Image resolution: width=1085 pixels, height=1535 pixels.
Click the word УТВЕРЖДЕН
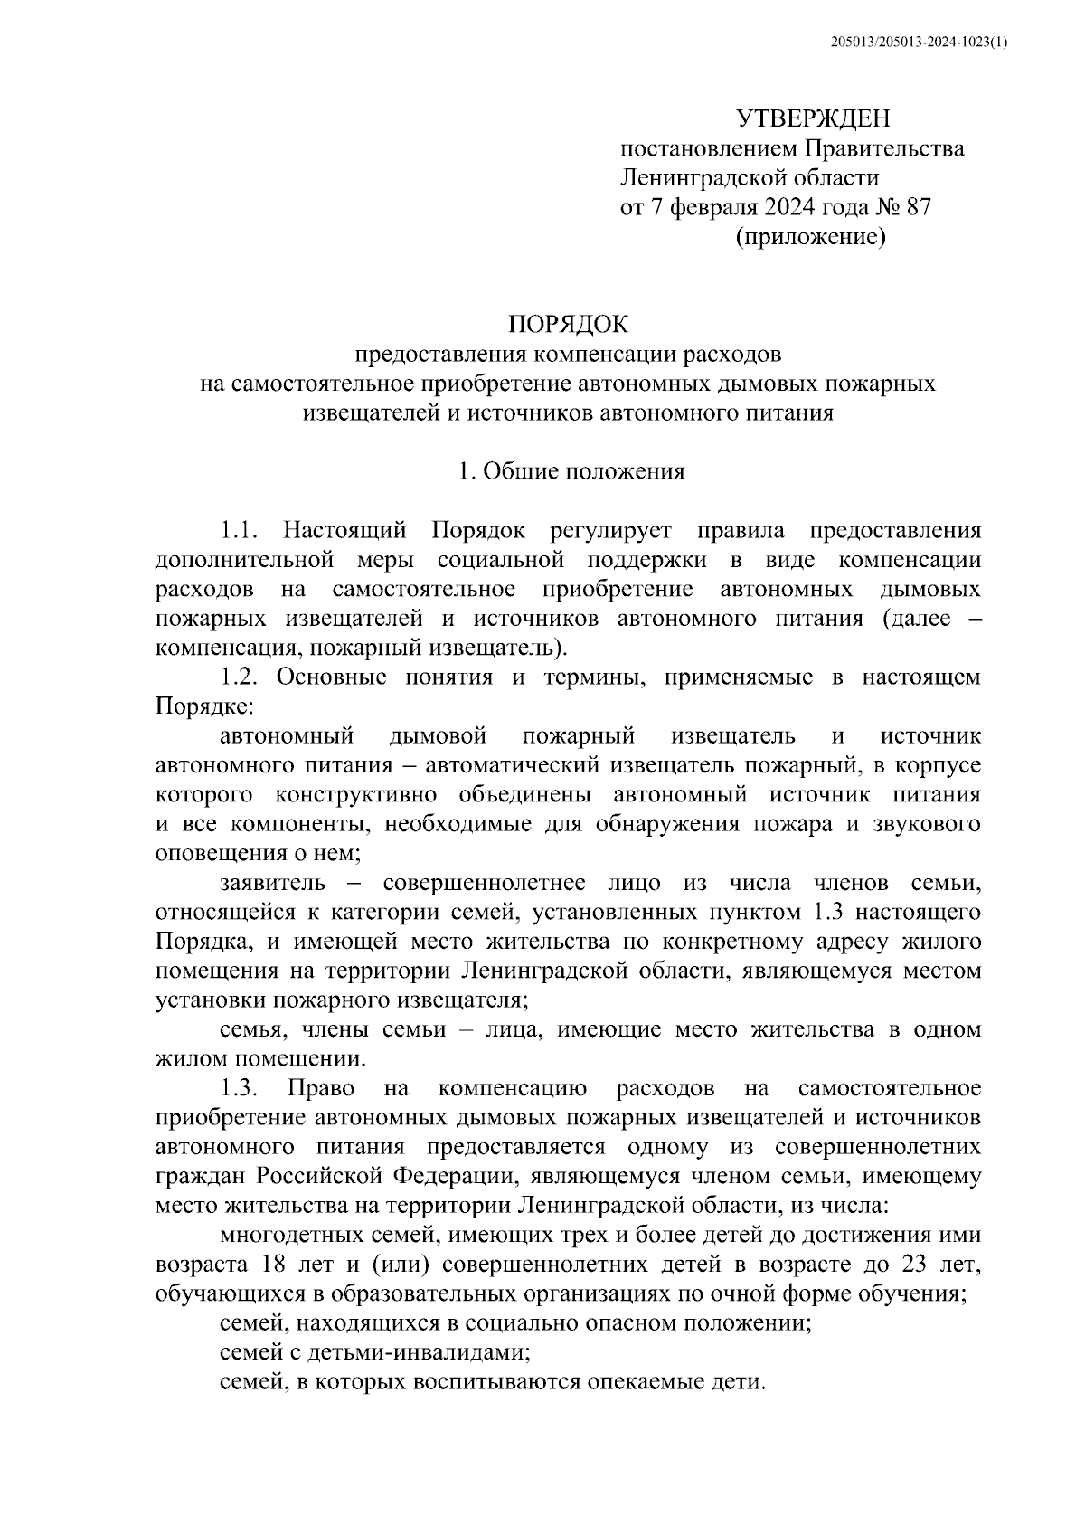click(x=813, y=118)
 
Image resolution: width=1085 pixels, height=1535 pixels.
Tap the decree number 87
click(x=917, y=207)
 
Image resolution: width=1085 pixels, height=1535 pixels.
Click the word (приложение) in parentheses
click(x=809, y=237)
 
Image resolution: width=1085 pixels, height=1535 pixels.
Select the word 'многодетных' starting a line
click(x=286, y=1236)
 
